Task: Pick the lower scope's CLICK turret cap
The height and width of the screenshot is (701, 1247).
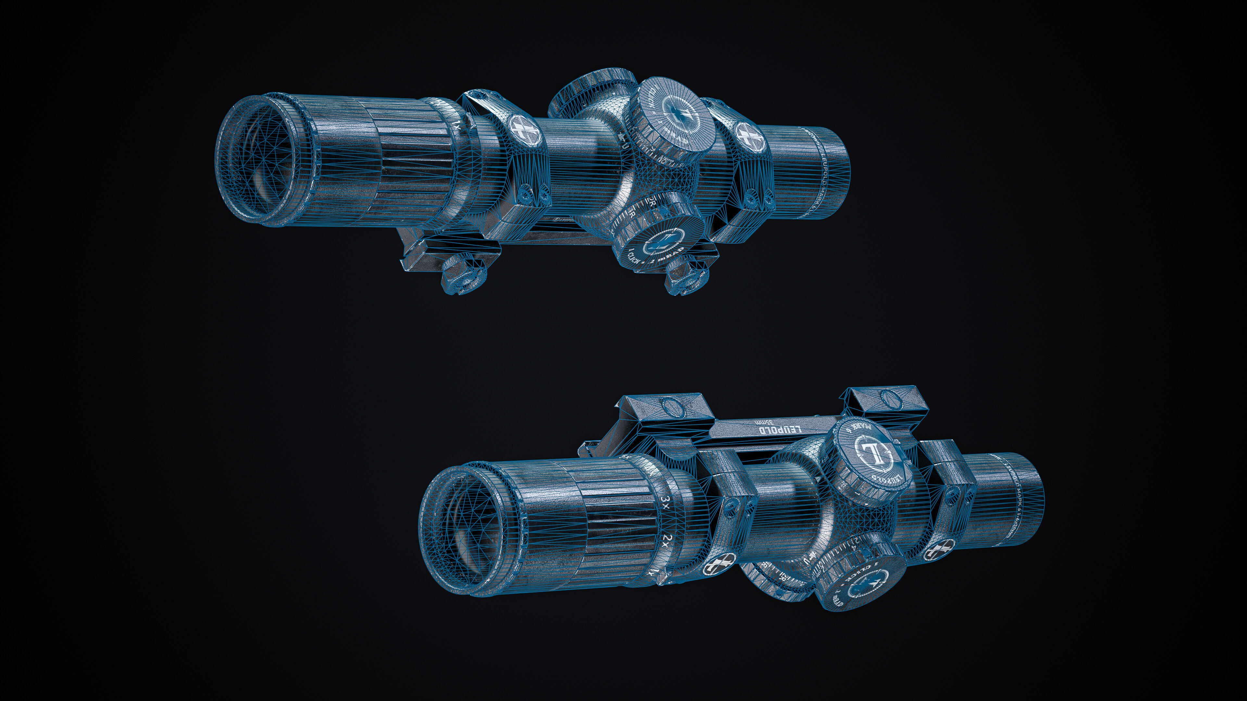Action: click(x=857, y=588)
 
